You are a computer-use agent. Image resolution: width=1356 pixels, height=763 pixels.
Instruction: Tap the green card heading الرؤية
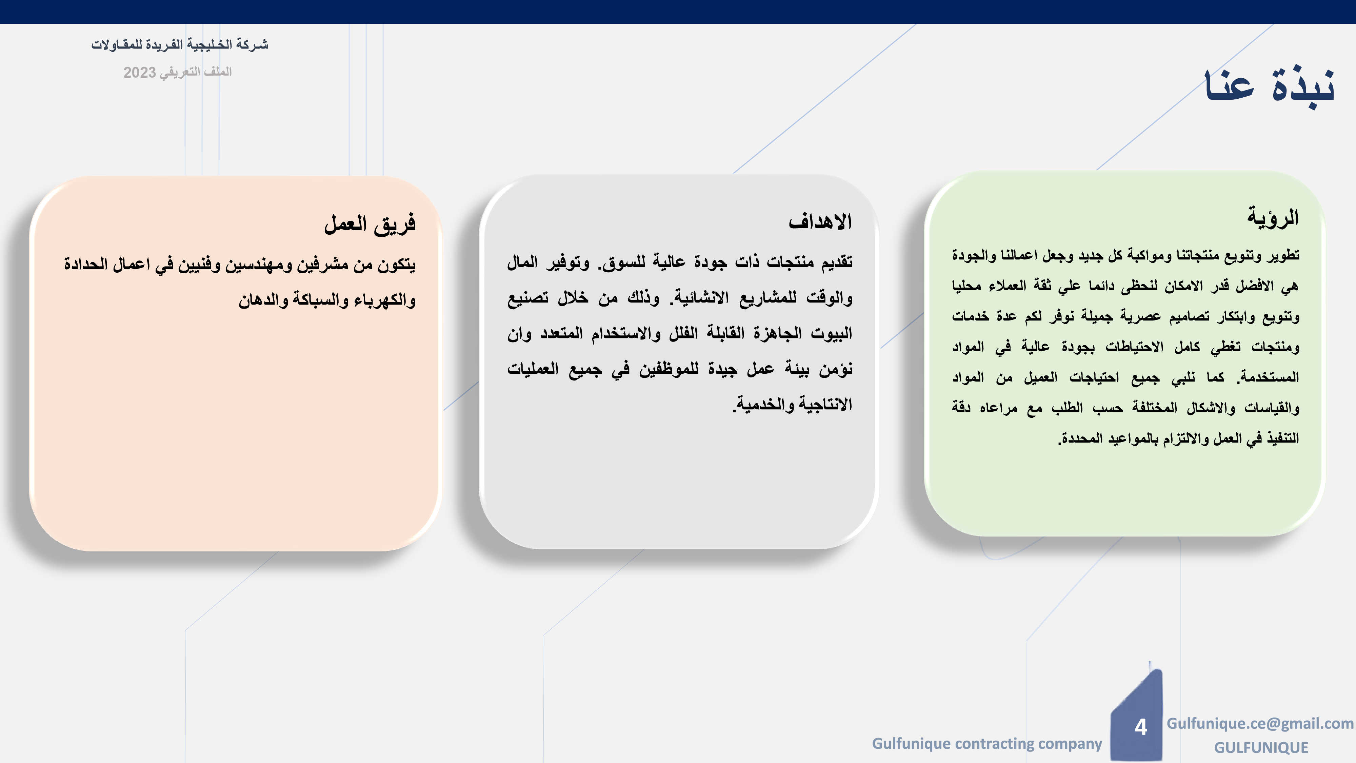point(1273,217)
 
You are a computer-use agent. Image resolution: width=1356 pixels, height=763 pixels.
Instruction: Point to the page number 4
point(1141,727)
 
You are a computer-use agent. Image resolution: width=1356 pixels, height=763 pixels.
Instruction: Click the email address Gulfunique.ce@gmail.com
point(1260,724)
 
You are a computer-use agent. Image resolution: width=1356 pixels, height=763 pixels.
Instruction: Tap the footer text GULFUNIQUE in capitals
point(1261,748)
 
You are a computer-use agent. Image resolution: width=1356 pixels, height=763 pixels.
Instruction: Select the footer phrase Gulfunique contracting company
point(987,744)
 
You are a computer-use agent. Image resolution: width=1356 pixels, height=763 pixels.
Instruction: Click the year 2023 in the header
point(139,72)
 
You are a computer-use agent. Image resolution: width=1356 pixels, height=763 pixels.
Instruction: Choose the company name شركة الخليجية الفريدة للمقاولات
point(180,44)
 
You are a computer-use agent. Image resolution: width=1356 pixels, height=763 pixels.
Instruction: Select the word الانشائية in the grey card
point(699,297)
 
